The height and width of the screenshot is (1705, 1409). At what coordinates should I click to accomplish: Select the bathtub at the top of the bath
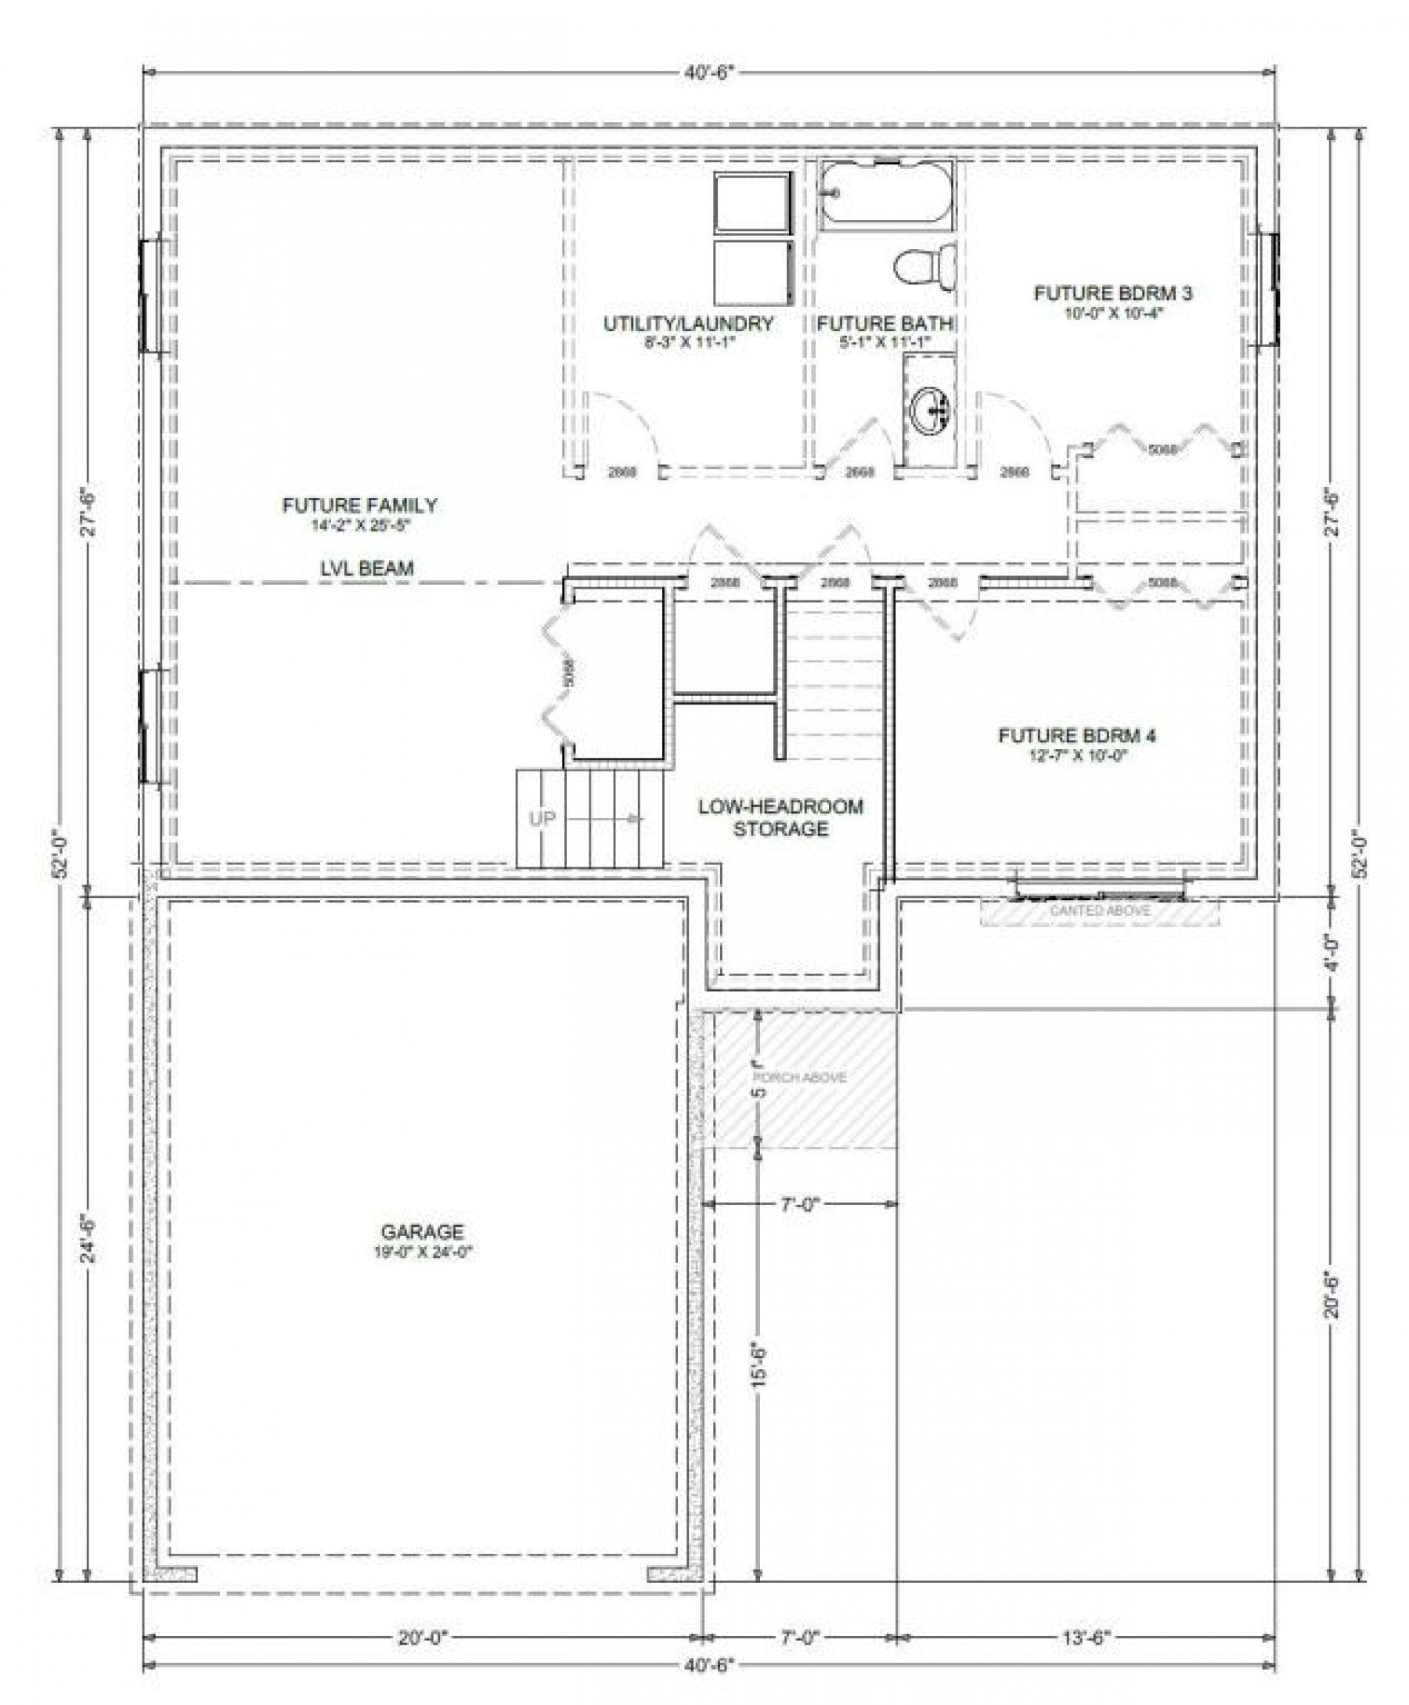point(886,194)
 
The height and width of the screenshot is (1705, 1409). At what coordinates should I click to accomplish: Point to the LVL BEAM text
point(366,569)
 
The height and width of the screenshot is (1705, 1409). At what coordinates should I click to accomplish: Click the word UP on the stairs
point(542,819)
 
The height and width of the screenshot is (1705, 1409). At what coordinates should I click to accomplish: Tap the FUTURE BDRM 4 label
point(1077,736)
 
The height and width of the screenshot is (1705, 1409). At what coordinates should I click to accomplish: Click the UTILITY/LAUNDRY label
point(688,324)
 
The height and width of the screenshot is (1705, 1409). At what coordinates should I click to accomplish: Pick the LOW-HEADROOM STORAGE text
point(780,817)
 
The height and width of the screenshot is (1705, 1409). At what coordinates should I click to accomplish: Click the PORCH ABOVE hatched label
point(800,1078)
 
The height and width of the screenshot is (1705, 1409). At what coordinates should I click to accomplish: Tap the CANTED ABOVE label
point(1100,910)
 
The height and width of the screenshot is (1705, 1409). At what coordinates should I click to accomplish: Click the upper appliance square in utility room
point(751,202)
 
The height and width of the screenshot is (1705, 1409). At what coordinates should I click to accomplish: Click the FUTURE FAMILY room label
point(359,506)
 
